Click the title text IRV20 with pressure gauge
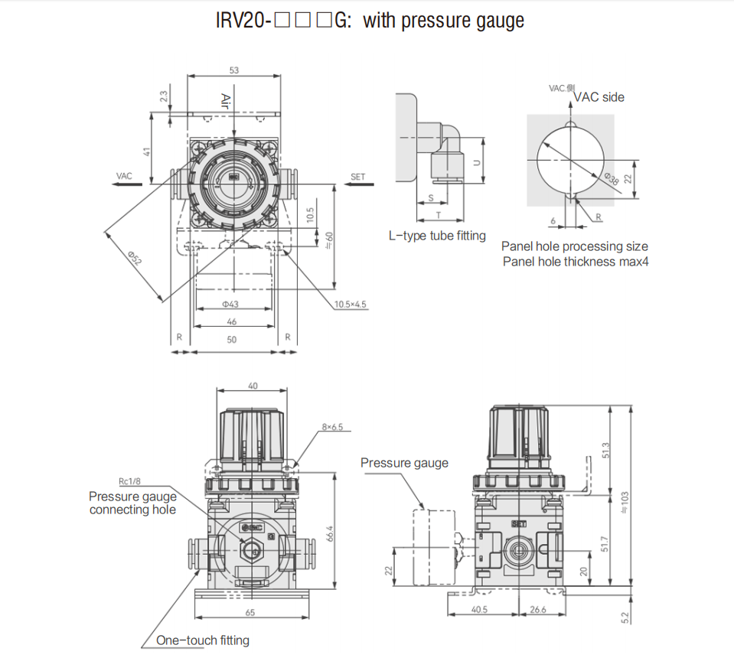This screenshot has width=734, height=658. (370, 21)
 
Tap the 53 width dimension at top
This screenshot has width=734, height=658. (234, 70)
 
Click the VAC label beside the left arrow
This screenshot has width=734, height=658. (124, 177)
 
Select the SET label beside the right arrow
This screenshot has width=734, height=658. (357, 177)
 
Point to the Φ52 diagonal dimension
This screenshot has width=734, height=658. (135, 258)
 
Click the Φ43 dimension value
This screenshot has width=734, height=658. (231, 305)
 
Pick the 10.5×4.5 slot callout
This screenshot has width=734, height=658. (350, 304)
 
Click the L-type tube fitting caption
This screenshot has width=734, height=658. (437, 236)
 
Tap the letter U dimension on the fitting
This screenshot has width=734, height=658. (476, 162)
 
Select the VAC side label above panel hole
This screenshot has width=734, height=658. (599, 97)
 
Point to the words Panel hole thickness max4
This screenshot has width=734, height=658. (574, 262)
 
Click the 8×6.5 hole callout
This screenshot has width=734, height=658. (332, 426)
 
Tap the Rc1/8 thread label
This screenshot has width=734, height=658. (129, 482)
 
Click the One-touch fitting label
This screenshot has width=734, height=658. (202, 640)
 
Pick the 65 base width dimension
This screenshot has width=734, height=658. (250, 613)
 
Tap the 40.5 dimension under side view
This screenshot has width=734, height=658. (479, 610)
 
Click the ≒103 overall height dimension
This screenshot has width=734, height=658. (624, 501)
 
